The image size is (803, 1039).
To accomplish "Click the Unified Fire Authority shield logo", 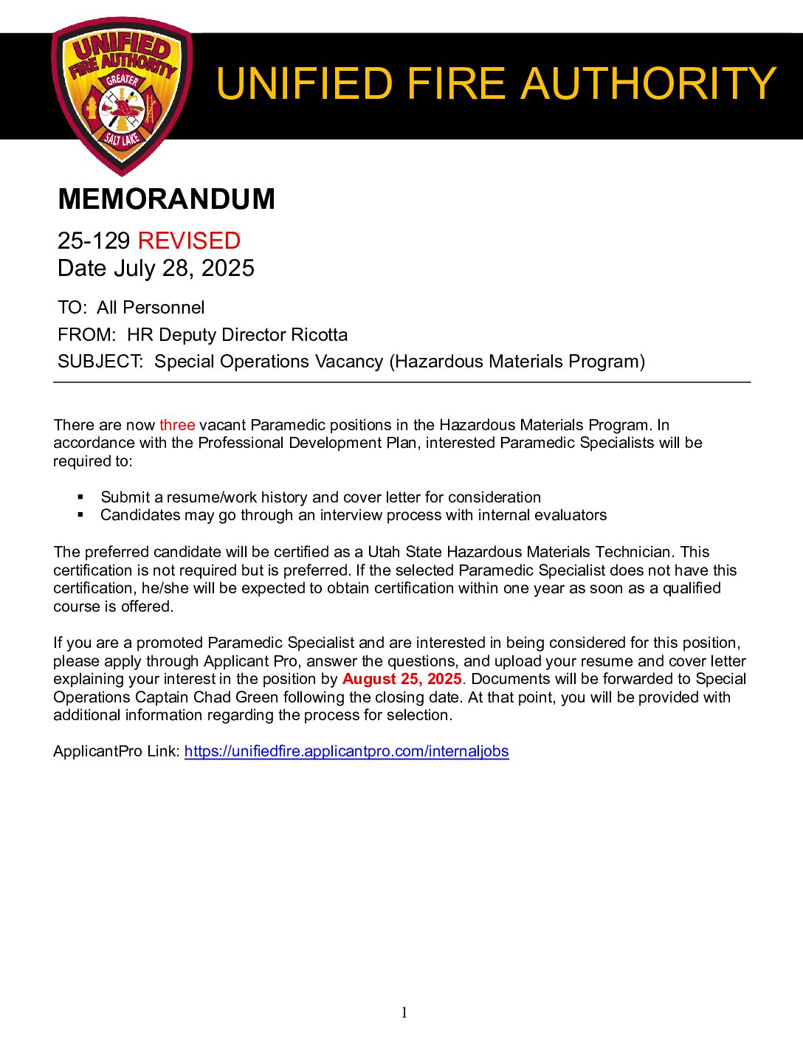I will click(122, 96).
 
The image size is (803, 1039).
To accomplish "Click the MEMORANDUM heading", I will click(166, 199).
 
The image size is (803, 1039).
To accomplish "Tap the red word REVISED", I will click(189, 241).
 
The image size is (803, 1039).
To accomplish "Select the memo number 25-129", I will click(94, 241).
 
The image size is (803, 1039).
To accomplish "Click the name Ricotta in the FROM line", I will click(319, 335).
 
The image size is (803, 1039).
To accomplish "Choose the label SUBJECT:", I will click(100, 362).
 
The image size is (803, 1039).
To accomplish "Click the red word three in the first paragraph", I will click(177, 425).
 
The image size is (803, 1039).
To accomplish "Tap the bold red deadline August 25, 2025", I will click(402, 679).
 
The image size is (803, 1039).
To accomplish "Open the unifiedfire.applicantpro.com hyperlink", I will click(346, 751).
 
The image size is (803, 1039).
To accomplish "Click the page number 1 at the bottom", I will click(404, 1013).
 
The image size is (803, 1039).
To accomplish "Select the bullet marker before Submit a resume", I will click(80, 497).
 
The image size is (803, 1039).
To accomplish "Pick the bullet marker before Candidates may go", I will click(80, 515).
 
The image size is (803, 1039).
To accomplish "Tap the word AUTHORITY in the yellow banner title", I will click(648, 83).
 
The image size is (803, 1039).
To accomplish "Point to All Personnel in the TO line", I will click(151, 308).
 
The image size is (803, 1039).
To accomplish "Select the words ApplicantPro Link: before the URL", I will click(117, 751).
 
